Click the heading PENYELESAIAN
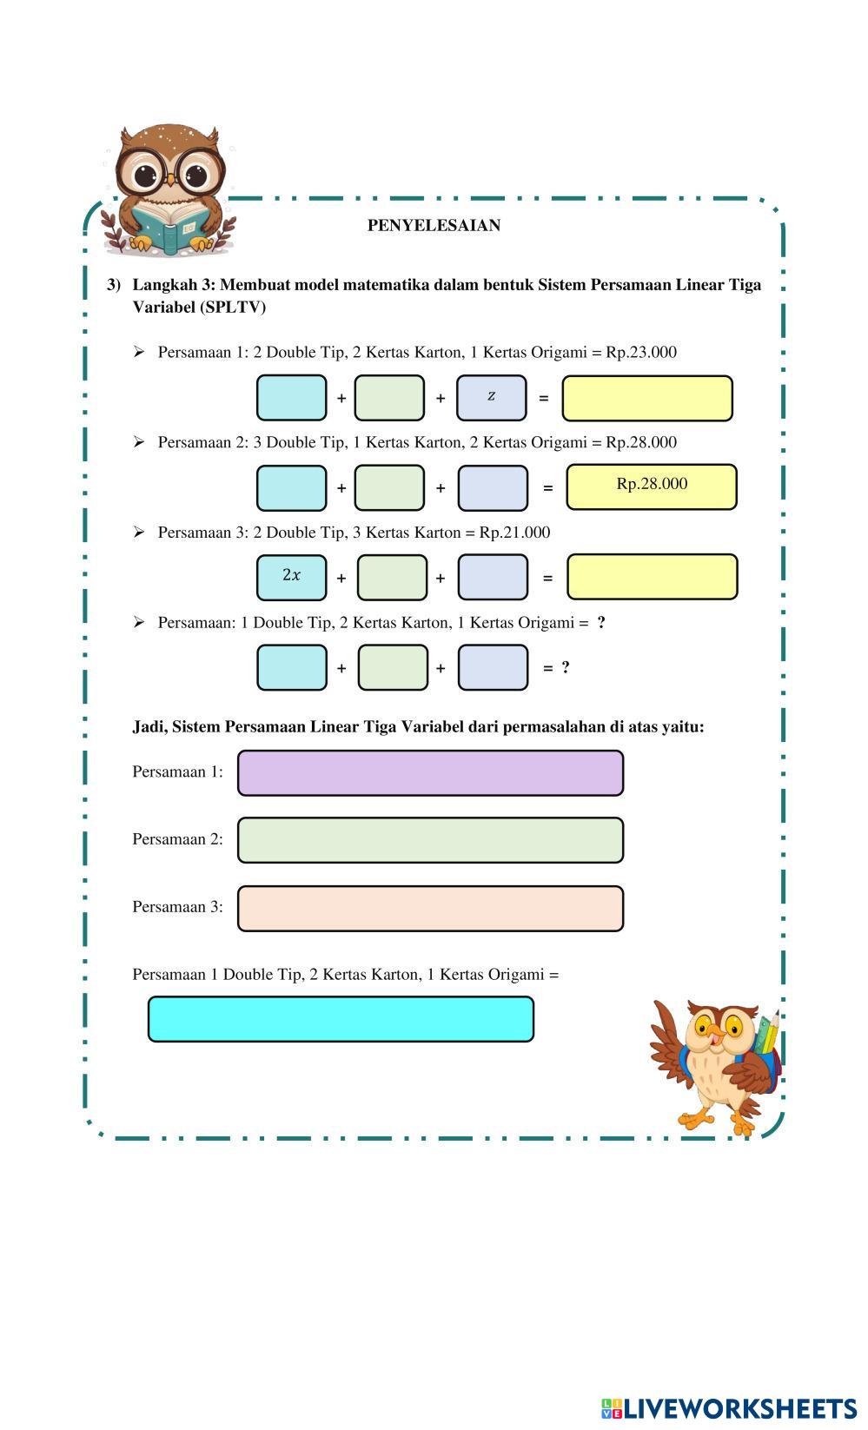click(434, 226)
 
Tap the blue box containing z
click(491, 398)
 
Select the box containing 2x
click(292, 577)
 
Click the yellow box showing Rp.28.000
click(651, 486)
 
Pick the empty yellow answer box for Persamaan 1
click(646, 398)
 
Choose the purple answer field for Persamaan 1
click(430, 773)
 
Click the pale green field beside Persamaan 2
click(430, 840)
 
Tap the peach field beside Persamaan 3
click(430, 908)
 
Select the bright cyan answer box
click(341, 1019)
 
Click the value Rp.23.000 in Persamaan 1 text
click(641, 353)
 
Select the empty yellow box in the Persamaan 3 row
click(652, 577)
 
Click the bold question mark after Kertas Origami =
click(601, 623)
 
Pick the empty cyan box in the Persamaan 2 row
click(292, 488)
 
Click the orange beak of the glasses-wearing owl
click(171, 181)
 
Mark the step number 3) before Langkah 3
click(114, 285)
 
